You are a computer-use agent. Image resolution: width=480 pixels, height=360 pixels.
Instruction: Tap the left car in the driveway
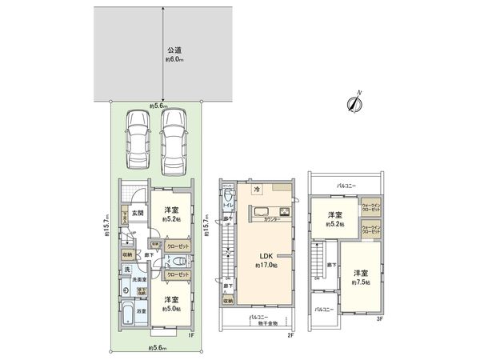click(x=137, y=139)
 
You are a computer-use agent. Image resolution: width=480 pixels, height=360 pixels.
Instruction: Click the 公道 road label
click(x=163, y=49)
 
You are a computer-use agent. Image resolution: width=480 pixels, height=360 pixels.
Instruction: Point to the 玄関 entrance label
click(x=138, y=212)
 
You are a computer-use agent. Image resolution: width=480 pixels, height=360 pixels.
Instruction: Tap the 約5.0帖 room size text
click(x=173, y=307)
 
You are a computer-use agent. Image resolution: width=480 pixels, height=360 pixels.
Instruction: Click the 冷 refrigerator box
click(x=257, y=190)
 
